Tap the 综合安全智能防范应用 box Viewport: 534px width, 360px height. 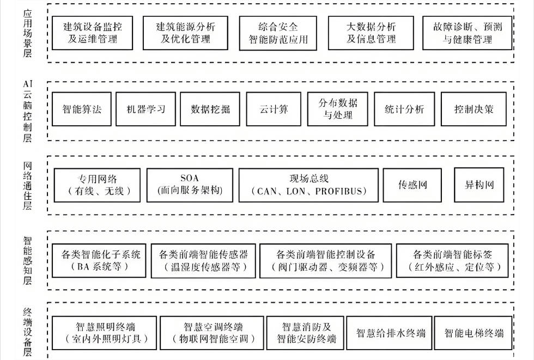tap(278, 33)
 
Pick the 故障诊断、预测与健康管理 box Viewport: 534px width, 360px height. tap(467, 33)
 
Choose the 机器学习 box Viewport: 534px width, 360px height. tap(145, 109)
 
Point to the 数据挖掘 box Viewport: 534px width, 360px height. tap(210, 109)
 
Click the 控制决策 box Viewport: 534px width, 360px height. tap(474, 109)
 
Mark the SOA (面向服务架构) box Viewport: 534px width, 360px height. tap(190, 185)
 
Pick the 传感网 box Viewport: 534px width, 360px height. tap(412, 185)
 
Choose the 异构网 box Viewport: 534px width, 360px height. tap(479, 185)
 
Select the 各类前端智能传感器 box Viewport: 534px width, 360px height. tap(203, 261)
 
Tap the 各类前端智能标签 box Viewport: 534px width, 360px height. tap(457, 261)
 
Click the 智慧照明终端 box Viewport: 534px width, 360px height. tap(105, 333)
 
